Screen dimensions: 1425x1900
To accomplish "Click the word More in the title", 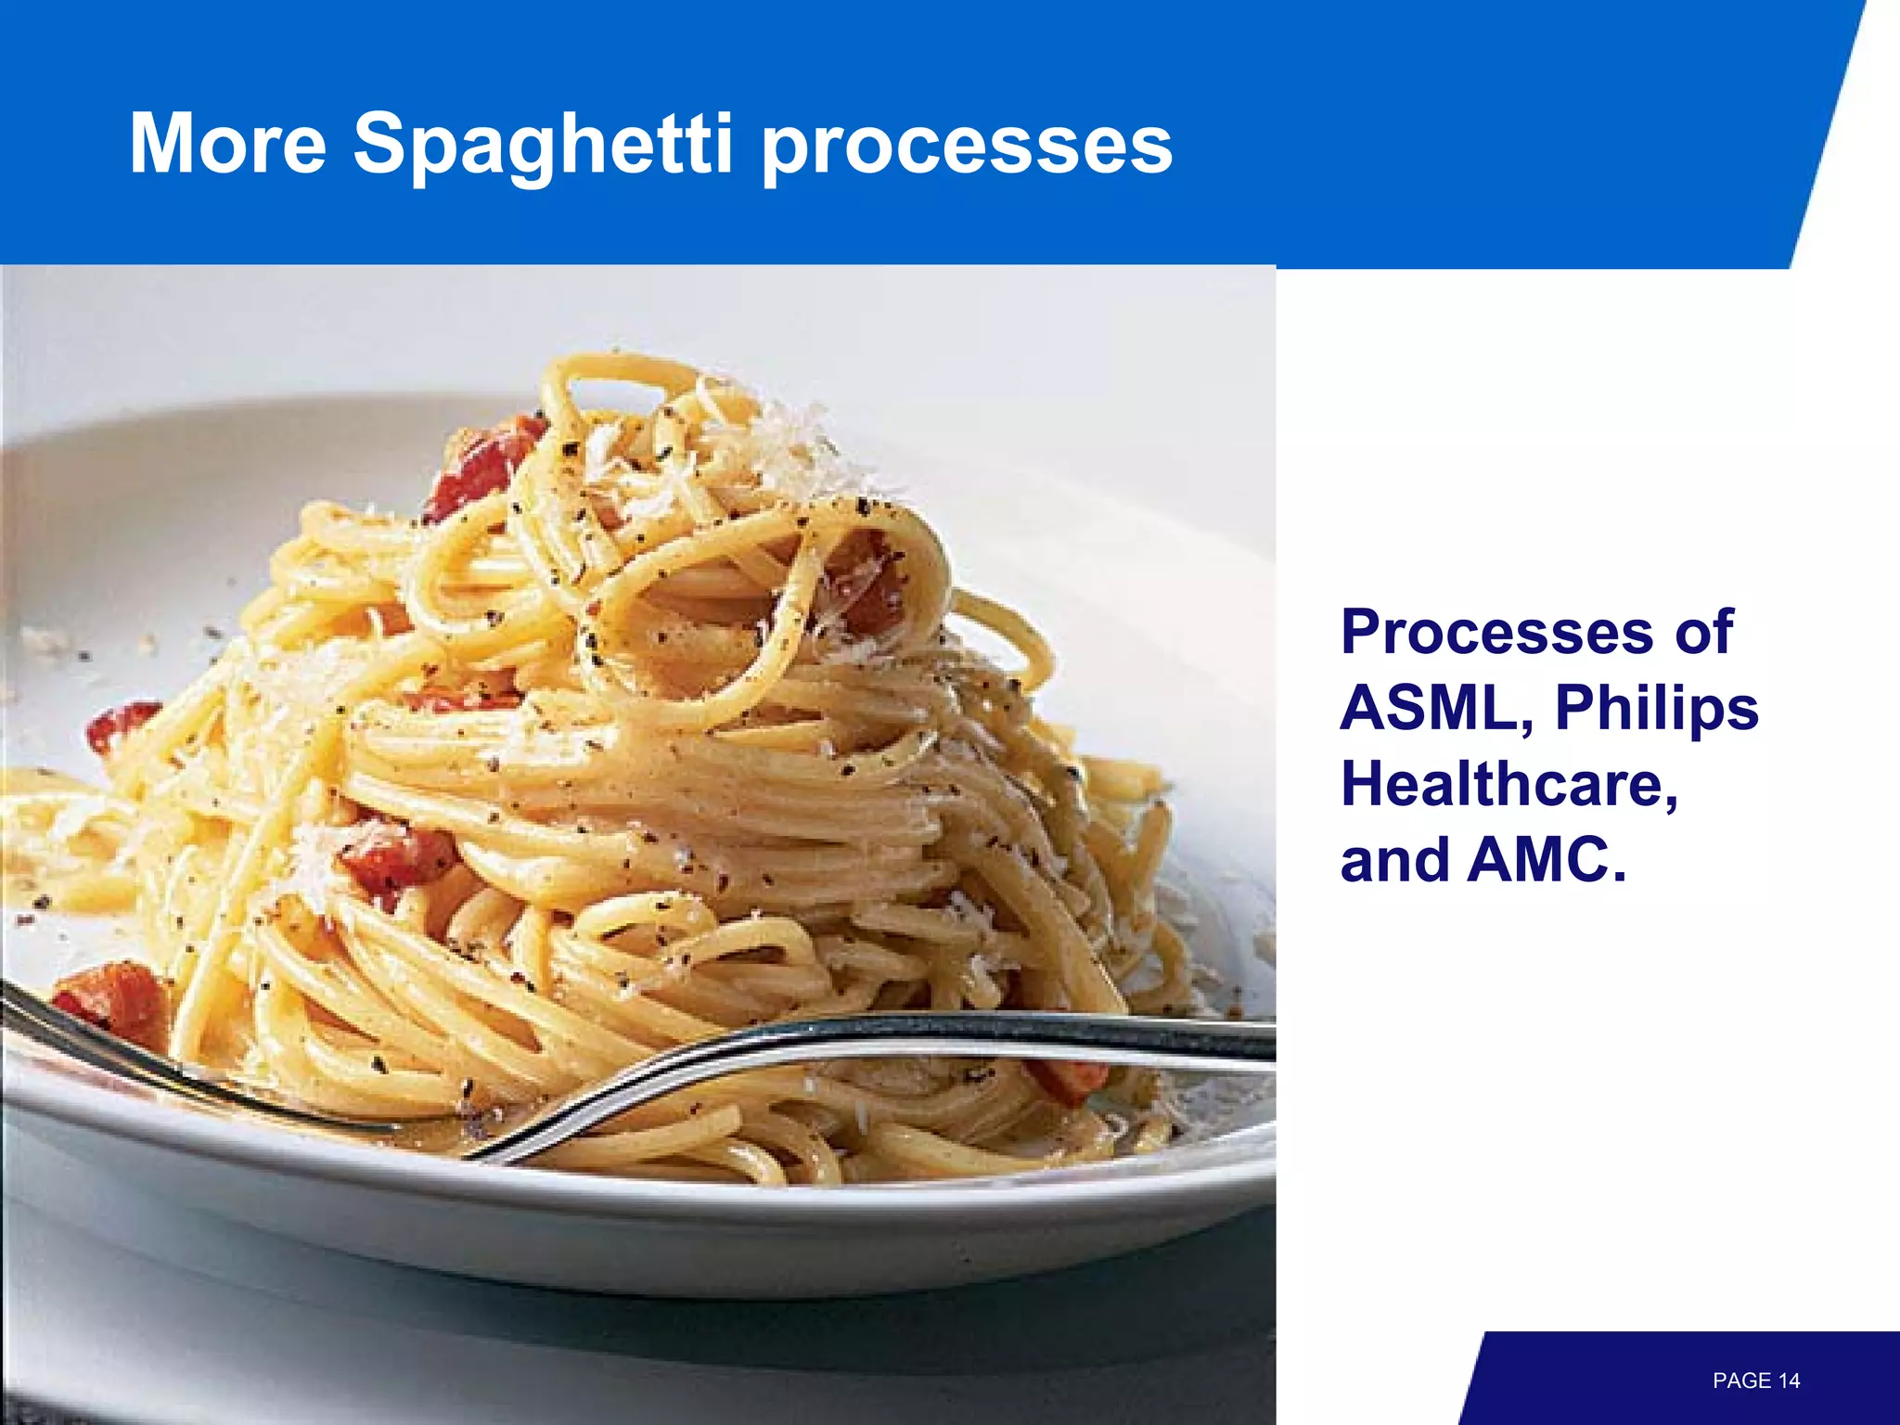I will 227,144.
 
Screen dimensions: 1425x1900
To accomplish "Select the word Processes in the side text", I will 1496,634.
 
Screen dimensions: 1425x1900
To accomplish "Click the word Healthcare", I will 1508,785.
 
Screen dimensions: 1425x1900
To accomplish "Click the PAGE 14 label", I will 1755,1380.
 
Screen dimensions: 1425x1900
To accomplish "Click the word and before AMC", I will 1394,860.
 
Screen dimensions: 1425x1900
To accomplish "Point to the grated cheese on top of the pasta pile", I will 779,445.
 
